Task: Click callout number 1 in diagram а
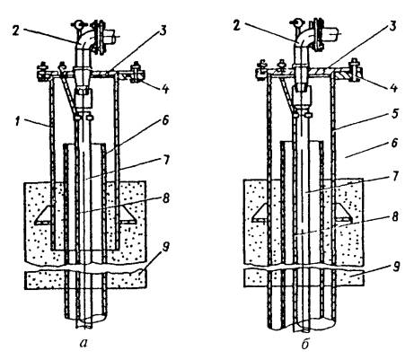click(x=18, y=122)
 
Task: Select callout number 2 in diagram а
click(x=17, y=30)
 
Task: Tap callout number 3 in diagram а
click(x=164, y=30)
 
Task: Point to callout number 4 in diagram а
click(x=166, y=87)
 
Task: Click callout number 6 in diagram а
click(x=166, y=119)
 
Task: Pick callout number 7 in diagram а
click(x=165, y=160)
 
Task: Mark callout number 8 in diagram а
click(x=166, y=198)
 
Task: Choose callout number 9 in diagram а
click(x=166, y=247)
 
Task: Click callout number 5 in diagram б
click(x=395, y=114)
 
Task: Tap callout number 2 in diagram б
click(x=237, y=26)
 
